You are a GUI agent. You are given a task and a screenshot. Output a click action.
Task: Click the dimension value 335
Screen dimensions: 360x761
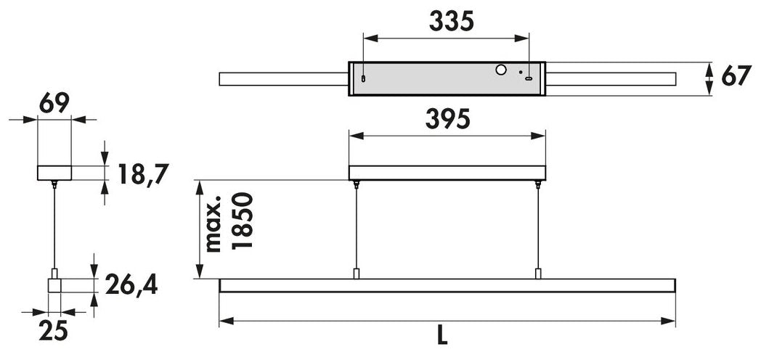451,22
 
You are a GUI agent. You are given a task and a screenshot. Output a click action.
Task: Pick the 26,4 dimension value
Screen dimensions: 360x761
132,285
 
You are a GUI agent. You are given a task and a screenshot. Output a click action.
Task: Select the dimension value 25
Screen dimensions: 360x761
53,330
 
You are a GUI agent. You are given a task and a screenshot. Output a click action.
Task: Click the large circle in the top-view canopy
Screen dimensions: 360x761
500,70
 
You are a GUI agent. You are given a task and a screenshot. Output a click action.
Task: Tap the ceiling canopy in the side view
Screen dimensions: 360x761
54,173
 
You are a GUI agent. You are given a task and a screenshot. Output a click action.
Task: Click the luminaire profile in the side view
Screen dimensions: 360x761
55,284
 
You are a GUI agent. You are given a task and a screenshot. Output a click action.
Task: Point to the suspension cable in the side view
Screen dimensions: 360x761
54,225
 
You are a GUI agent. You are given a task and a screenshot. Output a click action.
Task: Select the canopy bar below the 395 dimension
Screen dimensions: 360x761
447,173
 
